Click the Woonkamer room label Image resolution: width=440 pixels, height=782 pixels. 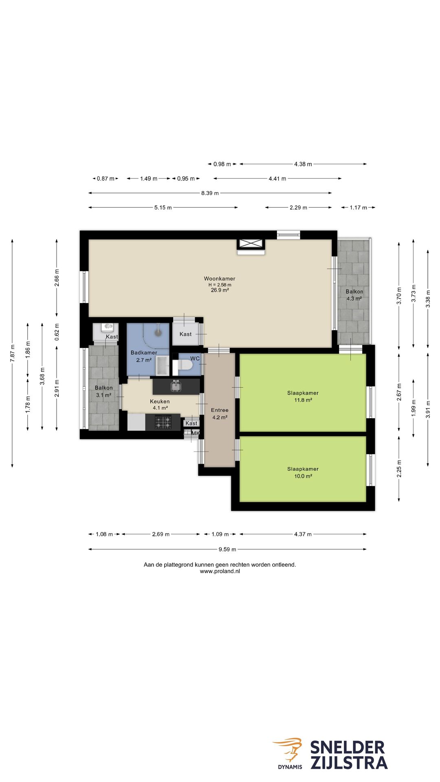220,279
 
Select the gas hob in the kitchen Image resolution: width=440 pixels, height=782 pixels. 163,422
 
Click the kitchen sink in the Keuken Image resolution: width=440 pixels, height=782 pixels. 176,386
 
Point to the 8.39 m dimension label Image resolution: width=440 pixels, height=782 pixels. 210,193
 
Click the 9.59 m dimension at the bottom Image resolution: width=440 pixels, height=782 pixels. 227,549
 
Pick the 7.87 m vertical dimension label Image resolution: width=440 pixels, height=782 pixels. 13,353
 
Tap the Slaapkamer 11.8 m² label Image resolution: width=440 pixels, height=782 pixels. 303,396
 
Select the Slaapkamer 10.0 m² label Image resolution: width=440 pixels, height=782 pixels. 303,472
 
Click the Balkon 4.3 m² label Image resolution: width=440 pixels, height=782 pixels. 354,295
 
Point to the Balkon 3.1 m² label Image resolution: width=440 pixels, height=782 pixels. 103,391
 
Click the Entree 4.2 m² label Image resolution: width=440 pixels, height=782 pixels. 220,413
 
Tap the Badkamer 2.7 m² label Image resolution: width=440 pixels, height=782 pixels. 144,356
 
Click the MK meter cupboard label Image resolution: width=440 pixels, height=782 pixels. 196,433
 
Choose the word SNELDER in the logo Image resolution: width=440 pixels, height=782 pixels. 348,748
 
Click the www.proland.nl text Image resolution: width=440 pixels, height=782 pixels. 220,571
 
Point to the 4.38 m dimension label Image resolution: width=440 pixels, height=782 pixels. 303,164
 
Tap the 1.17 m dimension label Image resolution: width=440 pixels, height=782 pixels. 359,208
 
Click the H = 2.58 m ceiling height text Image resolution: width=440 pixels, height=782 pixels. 220,285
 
